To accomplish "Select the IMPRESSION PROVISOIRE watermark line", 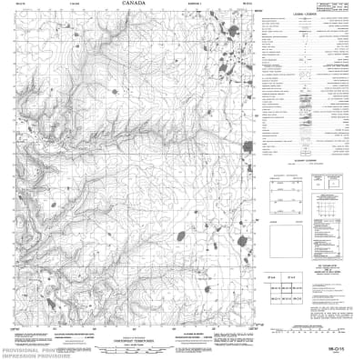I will coord(36,355).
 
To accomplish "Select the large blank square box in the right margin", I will coord(283,208).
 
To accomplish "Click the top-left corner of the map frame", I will coord(12,12).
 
